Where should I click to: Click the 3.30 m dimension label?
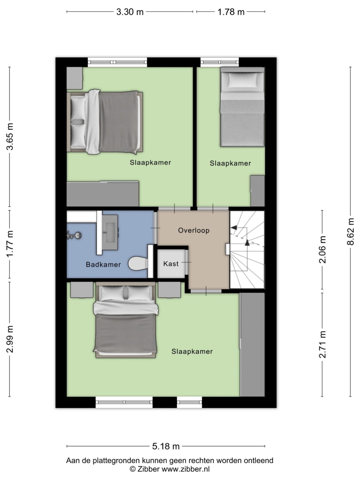click(x=130, y=12)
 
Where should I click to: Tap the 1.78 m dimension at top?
click(x=231, y=12)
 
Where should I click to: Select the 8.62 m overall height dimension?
click(x=350, y=232)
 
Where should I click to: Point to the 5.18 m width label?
click(x=166, y=446)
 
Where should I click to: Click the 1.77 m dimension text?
click(x=10, y=244)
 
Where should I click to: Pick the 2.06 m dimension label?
click(x=322, y=250)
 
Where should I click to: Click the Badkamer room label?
click(x=103, y=265)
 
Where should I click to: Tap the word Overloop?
click(x=193, y=230)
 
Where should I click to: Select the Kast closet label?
click(x=171, y=264)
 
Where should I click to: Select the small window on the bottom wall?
click(x=189, y=402)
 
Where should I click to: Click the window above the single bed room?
click(x=220, y=62)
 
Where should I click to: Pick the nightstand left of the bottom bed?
click(x=82, y=290)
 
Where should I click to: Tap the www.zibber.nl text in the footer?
click(x=185, y=469)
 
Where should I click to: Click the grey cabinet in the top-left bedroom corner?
click(x=74, y=78)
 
